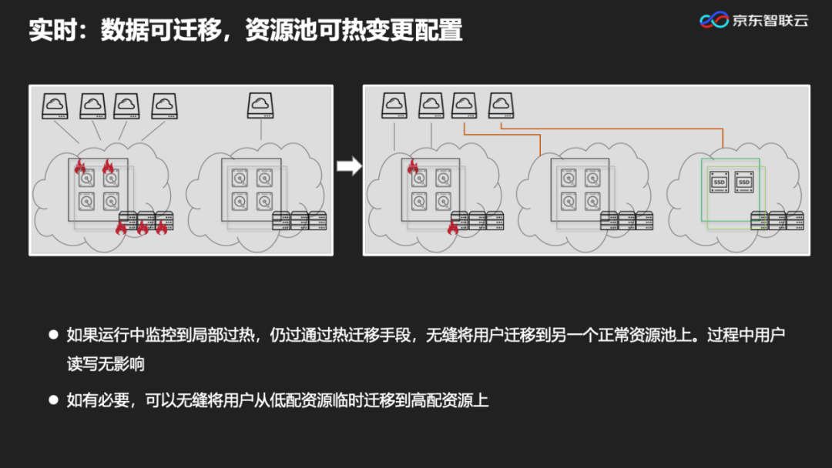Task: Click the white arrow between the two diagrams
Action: [x=349, y=166]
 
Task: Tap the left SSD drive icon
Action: [x=720, y=182]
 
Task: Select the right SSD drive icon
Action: [x=744, y=182]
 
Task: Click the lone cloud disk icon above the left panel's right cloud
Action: [x=260, y=105]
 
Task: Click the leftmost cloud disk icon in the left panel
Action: [x=55, y=105]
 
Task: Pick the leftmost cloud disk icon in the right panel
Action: [x=394, y=105]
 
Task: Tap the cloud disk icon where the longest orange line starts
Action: [x=501, y=105]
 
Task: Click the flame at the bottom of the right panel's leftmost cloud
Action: [x=453, y=226]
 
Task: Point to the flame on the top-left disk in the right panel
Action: [x=413, y=166]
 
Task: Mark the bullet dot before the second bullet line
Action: [x=53, y=400]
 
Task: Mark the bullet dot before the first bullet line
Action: [x=53, y=335]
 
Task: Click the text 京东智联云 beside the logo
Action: [x=770, y=21]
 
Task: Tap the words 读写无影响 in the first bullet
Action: [x=106, y=363]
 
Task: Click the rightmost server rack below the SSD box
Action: [x=795, y=221]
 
